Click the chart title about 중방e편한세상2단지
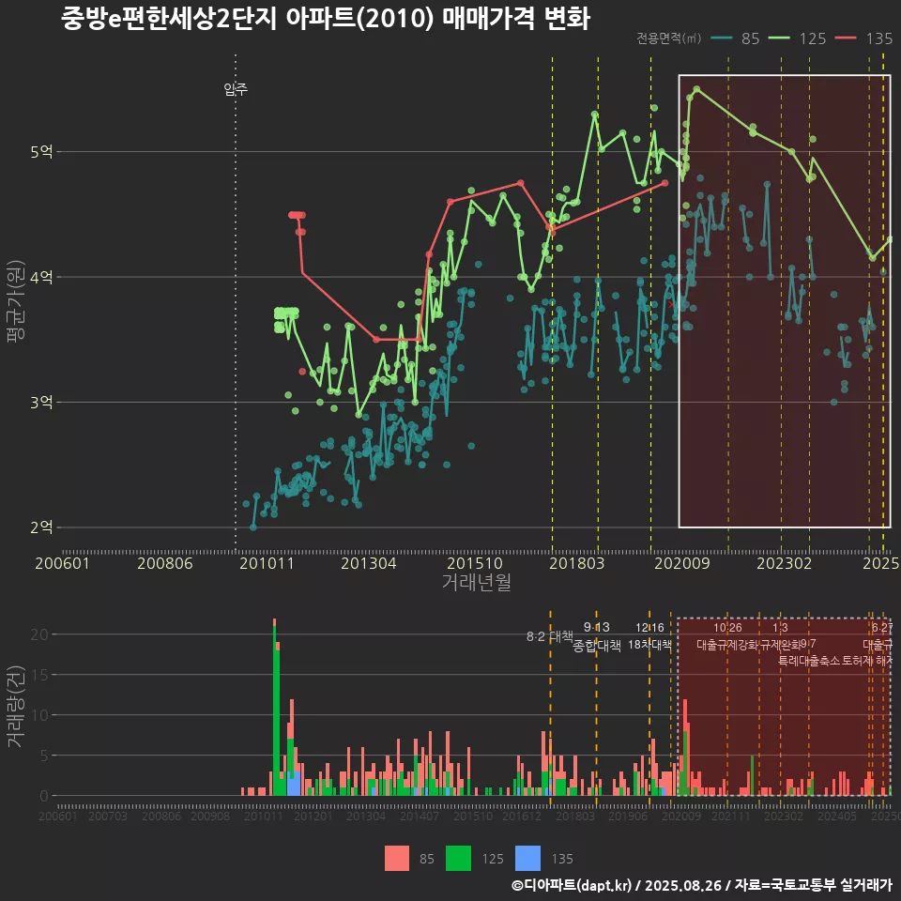[325, 20]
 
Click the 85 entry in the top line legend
[750, 38]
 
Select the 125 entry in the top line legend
[812, 38]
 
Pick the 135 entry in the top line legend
[878, 38]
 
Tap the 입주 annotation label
[236, 90]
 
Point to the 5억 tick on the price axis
[41, 152]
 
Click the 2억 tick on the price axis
[41, 527]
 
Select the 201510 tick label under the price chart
[470, 563]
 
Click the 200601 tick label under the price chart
[62, 563]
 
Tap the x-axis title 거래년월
[476, 583]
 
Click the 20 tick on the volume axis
[38, 634]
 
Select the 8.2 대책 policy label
[549, 635]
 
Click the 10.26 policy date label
[727, 628]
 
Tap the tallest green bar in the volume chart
[276, 713]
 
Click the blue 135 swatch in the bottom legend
[528, 858]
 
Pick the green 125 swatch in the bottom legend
[458, 858]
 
